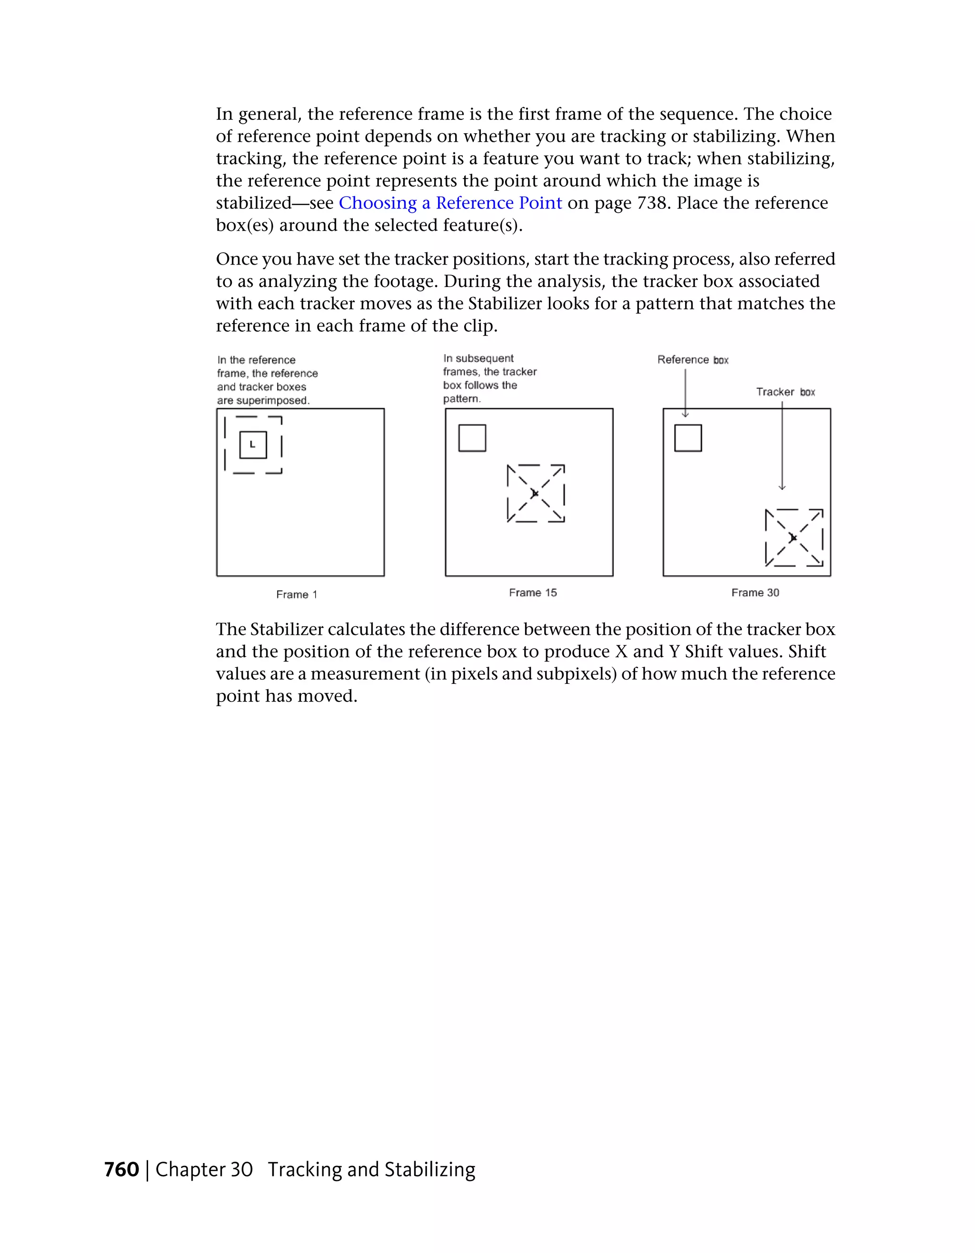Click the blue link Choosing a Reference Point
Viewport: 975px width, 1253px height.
[x=450, y=203]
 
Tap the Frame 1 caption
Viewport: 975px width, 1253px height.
[x=297, y=594]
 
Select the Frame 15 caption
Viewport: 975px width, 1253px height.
[x=533, y=592]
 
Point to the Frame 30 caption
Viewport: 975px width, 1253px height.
[x=755, y=592]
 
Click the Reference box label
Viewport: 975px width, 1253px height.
[x=693, y=360]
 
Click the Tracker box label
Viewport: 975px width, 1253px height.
[x=785, y=392]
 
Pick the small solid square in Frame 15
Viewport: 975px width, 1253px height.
[x=472, y=438]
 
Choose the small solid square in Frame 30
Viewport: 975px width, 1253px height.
[x=688, y=438]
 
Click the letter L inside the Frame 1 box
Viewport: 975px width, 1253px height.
[x=252, y=444]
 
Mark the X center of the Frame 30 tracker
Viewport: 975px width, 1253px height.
[x=794, y=538]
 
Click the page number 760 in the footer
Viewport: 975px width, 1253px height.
[x=122, y=1169]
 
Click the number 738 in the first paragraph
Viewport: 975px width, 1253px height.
[x=653, y=203]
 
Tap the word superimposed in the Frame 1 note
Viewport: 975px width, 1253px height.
[x=272, y=400]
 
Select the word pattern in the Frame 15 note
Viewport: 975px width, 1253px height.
[x=461, y=399]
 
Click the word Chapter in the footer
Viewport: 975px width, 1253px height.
[x=190, y=1169]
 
